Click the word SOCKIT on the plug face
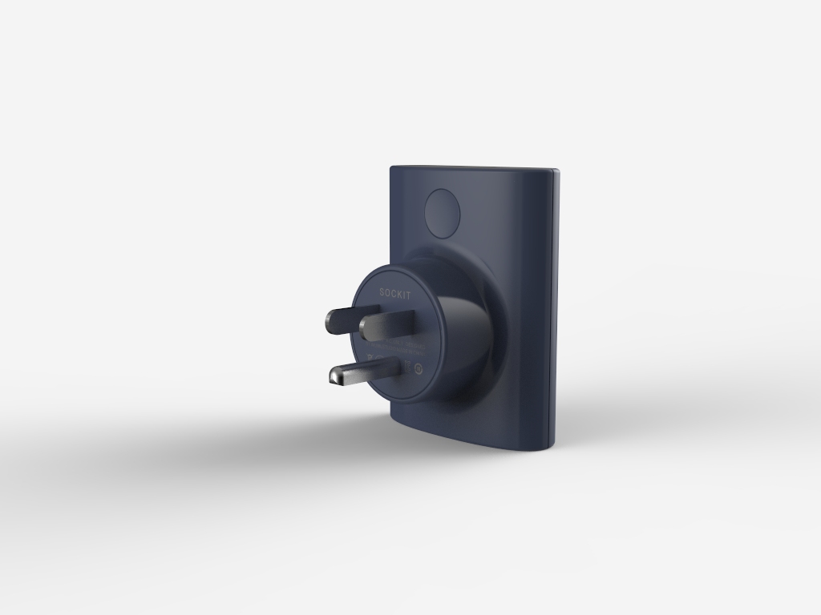coord(394,294)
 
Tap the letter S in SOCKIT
coord(382,293)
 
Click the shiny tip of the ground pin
coord(336,375)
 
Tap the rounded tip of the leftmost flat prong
coord(328,322)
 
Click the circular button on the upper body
coord(443,213)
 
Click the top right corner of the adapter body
coord(555,171)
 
